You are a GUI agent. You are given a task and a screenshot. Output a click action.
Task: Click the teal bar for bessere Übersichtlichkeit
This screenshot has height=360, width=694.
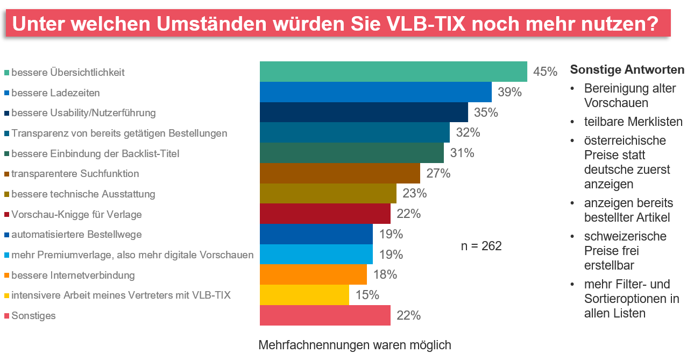pyautogui.click(x=393, y=72)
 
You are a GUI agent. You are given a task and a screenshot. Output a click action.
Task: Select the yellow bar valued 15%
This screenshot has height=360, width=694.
pyautogui.click(x=304, y=295)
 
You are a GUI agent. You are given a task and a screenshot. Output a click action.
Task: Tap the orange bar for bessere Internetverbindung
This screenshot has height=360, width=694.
pyautogui.click(x=313, y=274)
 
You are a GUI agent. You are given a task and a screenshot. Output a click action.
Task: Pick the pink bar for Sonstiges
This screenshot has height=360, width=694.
pyautogui.click(x=325, y=315)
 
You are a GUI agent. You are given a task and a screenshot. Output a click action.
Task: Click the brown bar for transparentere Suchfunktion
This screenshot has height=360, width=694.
pyautogui.click(x=340, y=173)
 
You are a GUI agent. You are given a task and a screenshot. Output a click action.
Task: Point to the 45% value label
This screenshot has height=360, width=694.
pyautogui.click(x=545, y=72)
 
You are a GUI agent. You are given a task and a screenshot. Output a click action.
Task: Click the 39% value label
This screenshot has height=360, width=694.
pyautogui.click(x=509, y=92)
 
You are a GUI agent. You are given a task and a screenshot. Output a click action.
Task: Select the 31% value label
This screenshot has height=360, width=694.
pyautogui.click(x=462, y=153)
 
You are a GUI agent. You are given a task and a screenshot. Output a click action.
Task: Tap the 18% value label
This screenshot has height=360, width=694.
pyautogui.click(x=385, y=274)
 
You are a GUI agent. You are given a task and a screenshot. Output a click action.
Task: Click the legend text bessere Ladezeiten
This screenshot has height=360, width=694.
pyautogui.click(x=55, y=93)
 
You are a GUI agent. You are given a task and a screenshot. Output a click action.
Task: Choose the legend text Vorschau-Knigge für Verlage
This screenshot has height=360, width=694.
pyautogui.click(x=76, y=214)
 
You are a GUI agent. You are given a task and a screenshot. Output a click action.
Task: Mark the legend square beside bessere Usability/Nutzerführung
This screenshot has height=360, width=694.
pyautogui.click(x=6, y=113)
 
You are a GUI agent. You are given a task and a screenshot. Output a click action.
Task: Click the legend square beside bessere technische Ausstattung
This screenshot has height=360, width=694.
pyautogui.click(x=6, y=194)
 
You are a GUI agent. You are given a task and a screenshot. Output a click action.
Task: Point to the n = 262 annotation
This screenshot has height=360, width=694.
pyautogui.click(x=481, y=246)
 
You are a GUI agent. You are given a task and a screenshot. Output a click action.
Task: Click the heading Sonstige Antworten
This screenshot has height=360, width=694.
pyautogui.click(x=627, y=70)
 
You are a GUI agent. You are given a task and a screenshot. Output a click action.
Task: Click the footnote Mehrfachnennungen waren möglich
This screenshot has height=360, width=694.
pyautogui.click(x=355, y=345)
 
